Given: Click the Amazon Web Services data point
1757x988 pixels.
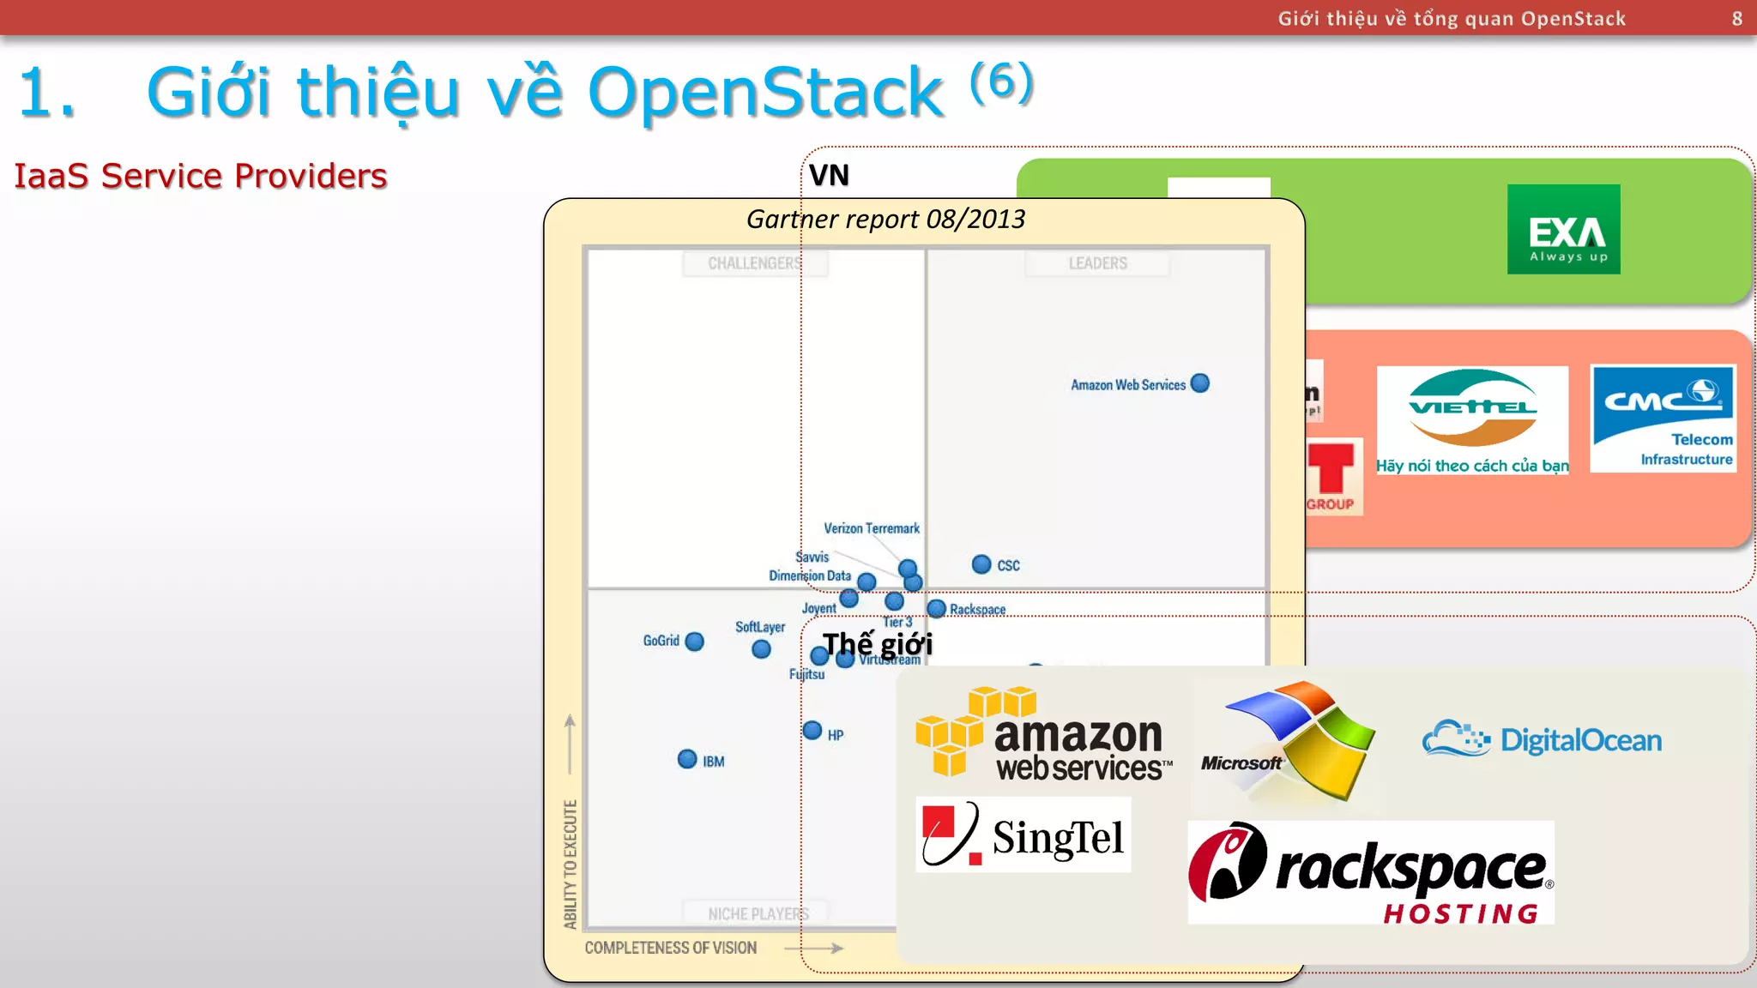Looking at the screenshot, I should (1200, 383).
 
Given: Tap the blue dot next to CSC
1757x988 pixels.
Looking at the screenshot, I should (981, 563).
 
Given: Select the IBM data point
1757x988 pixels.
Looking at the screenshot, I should (687, 759).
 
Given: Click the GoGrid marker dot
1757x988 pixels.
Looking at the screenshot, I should (695, 642).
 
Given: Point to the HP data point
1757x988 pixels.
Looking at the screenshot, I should (812, 731).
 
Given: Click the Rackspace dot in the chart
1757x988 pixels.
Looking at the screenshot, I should (937, 609).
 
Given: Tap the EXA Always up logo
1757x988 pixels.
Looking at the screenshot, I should (1563, 229).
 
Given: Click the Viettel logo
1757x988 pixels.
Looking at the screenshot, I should (1472, 419).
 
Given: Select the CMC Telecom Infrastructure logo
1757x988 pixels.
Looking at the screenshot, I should (1663, 419).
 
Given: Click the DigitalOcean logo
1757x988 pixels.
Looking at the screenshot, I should (1542, 739).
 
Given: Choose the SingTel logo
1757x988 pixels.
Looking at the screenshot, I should (1023, 834).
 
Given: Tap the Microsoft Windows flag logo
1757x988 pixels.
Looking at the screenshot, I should (1289, 740).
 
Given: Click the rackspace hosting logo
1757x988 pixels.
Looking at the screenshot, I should (1370, 873).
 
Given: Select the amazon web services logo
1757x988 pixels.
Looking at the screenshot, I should (1042, 734).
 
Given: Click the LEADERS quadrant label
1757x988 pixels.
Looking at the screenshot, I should (1097, 263).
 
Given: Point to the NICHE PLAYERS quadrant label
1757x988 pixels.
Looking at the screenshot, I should (757, 913).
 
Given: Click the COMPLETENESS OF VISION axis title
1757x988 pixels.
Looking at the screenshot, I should (671, 948).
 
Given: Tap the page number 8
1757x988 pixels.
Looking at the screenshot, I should (1736, 19).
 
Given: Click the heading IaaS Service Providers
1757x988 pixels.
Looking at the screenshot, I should (201, 176).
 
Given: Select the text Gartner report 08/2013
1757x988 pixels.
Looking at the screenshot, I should (885, 220).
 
